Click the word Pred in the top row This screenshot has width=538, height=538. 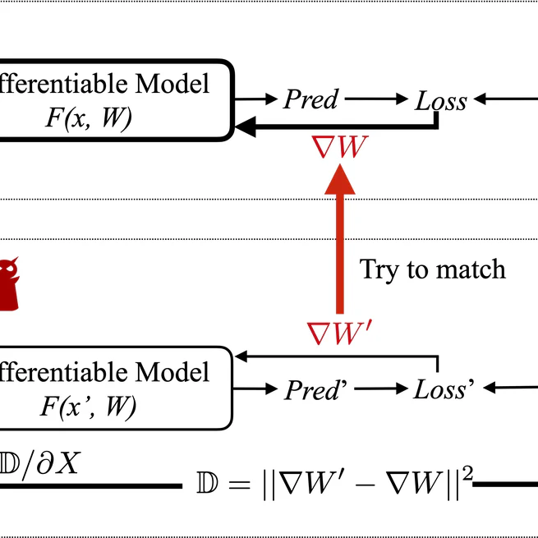(x=310, y=99)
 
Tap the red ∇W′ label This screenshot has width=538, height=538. (x=340, y=333)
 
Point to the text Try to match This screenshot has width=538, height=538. (x=433, y=269)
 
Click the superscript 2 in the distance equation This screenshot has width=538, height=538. (x=467, y=475)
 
